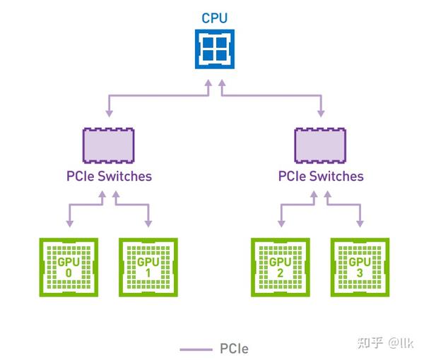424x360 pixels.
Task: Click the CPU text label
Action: click(214, 18)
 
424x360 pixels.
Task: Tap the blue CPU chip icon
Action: click(215, 49)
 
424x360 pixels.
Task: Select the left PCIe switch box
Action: click(108, 145)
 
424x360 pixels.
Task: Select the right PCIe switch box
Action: click(320, 145)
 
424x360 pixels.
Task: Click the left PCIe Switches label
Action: click(109, 176)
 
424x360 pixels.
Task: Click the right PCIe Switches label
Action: click(321, 176)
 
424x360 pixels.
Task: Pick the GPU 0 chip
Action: click(69, 268)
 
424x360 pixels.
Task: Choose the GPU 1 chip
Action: click(148, 268)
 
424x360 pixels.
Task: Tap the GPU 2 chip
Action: click(281, 268)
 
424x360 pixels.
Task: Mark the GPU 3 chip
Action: click(360, 268)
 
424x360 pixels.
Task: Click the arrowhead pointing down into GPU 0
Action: click(70, 224)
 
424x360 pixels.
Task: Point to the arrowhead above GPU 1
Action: click(148, 224)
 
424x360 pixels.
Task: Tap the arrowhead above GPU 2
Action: click(281, 224)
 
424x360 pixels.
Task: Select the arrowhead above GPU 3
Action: click(360, 224)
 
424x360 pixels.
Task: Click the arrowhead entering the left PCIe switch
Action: click(110, 114)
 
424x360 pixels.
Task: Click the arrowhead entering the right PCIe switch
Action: click(321, 114)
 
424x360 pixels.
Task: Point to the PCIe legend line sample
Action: click(196, 349)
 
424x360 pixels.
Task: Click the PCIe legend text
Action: click(234, 349)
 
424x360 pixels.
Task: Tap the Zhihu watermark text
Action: click(385, 343)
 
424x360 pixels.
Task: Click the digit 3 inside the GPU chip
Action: click(360, 273)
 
